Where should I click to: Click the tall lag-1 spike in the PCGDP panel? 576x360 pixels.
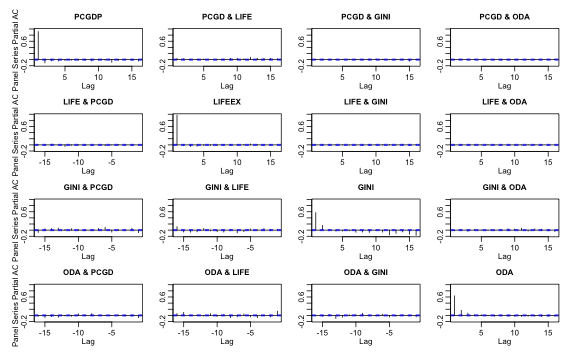tap(38, 45)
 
